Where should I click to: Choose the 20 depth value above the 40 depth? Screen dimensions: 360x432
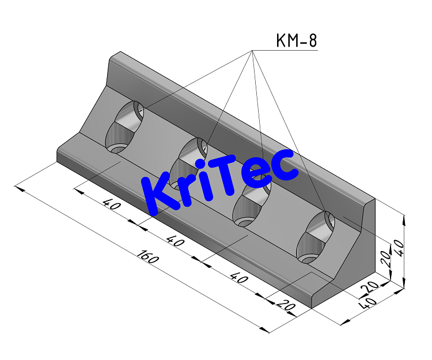pyautogui.click(x=370, y=286)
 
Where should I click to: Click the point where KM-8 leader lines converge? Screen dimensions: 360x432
pyautogui.click(x=252, y=51)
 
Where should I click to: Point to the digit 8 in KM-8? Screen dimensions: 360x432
pyautogui.click(x=311, y=41)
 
